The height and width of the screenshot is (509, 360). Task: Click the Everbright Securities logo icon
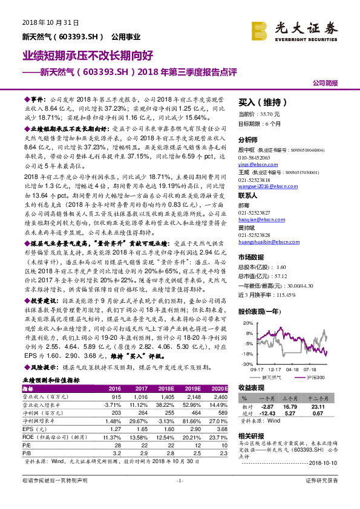point(261,29)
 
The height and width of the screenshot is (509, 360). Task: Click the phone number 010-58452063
point(254,157)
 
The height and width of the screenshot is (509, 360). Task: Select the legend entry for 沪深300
point(313,377)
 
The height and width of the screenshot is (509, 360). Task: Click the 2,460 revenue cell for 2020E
point(220,397)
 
